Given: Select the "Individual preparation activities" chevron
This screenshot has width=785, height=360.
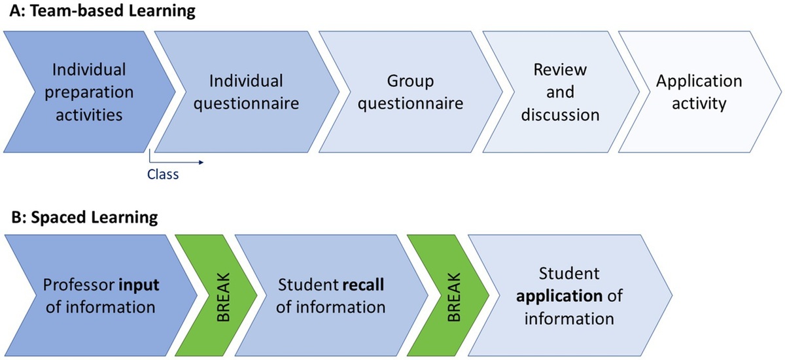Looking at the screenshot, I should pyautogui.click(x=88, y=92).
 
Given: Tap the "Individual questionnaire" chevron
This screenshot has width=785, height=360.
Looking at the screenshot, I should pyautogui.click(x=246, y=92).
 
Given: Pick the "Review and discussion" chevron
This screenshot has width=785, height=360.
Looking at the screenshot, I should pyautogui.click(x=560, y=92).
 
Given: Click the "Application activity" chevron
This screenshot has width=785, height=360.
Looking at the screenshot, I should pyautogui.click(x=699, y=92).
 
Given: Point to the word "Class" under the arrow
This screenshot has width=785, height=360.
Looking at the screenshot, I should pyautogui.click(x=162, y=175).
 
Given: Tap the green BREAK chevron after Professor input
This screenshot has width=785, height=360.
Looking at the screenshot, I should pyautogui.click(x=217, y=296).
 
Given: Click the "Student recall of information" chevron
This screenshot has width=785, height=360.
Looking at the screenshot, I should pyautogui.click(x=331, y=296).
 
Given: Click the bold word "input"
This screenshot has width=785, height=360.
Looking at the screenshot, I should pyautogui.click(x=138, y=286).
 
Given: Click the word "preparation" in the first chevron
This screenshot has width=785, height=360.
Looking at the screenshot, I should pyautogui.click(x=88, y=92).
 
